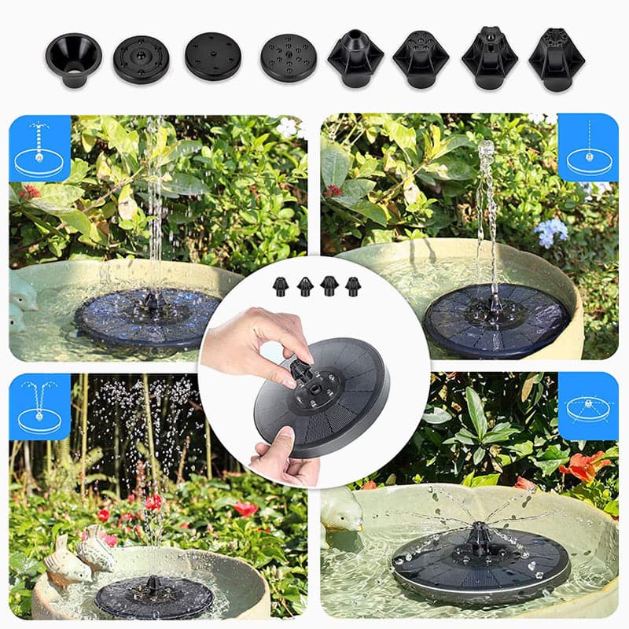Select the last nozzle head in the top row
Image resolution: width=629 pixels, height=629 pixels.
[x=556, y=58]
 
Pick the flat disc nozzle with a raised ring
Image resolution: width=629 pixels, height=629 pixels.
[x=141, y=60]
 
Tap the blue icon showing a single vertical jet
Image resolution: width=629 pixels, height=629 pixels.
[x=587, y=147]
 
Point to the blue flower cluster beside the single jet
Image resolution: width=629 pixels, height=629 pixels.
[x=550, y=231]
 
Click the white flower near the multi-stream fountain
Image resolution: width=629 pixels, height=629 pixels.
[x=288, y=126]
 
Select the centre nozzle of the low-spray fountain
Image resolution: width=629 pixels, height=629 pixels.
[x=480, y=538]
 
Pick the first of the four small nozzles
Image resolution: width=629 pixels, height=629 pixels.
[x=280, y=286]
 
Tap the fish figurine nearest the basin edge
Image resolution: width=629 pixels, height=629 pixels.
[x=66, y=565]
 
